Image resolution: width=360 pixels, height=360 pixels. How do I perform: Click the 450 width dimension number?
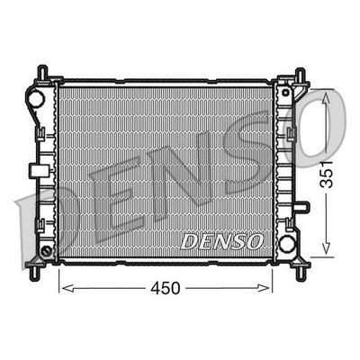coord(166,288)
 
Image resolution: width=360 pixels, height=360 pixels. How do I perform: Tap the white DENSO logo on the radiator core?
coord(221,241)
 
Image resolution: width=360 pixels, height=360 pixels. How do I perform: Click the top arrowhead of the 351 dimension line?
coord(326,93)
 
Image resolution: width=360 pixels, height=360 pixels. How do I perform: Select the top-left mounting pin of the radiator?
coord(41,70)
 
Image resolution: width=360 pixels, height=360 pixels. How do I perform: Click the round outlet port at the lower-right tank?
coord(287,242)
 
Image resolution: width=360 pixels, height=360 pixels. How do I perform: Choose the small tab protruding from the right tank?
coord(302,206)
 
